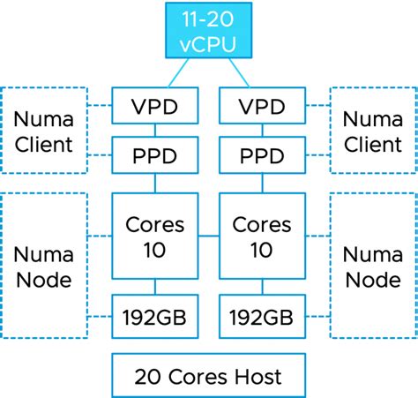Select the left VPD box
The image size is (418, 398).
155,107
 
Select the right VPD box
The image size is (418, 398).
261,107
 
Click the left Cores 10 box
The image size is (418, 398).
155,236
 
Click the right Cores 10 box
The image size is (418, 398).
261,236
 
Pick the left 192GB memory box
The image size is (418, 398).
155,315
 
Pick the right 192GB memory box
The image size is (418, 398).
261,315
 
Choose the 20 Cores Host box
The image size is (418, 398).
208,376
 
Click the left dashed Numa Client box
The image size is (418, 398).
44,131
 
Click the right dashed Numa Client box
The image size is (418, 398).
372,131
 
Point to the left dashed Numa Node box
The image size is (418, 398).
44,266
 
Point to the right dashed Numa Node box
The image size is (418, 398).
372,266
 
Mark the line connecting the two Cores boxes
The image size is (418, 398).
208,237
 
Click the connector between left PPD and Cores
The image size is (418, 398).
155,184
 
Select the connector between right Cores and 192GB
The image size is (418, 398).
261,287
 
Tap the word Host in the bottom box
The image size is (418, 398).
258,377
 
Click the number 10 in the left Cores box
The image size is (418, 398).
155,249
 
